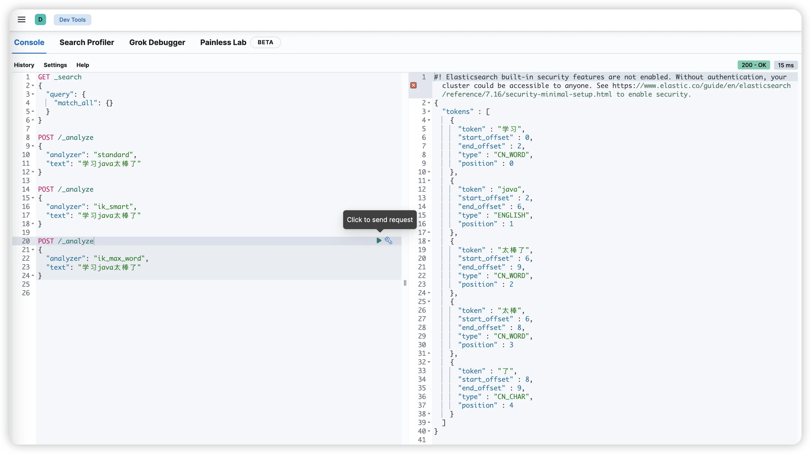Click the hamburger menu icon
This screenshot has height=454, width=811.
tap(21, 20)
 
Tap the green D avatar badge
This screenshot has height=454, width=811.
tap(40, 20)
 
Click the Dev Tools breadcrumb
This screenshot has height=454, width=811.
tap(72, 20)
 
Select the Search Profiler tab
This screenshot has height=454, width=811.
tap(87, 42)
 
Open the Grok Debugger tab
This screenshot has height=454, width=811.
tap(157, 42)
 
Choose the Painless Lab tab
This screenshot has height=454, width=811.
tap(223, 42)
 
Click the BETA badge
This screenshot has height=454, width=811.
tap(265, 42)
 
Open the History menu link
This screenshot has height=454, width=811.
tap(24, 65)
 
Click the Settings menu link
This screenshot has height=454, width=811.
tap(55, 65)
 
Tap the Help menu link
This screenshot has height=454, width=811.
tap(83, 65)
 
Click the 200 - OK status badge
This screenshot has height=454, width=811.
tap(754, 65)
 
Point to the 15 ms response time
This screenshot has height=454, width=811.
tap(786, 65)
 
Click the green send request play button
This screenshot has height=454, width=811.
tap(379, 241)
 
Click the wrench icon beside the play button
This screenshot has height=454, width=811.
tap(388, 241)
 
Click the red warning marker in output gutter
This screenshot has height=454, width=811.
tap(413, 86)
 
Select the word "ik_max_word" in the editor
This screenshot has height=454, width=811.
tap(119, 259)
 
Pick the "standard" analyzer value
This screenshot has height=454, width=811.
tap(113, 155)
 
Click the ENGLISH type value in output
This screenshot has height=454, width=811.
tap(511, 215)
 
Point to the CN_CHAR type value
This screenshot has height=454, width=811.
tap(511, 397)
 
